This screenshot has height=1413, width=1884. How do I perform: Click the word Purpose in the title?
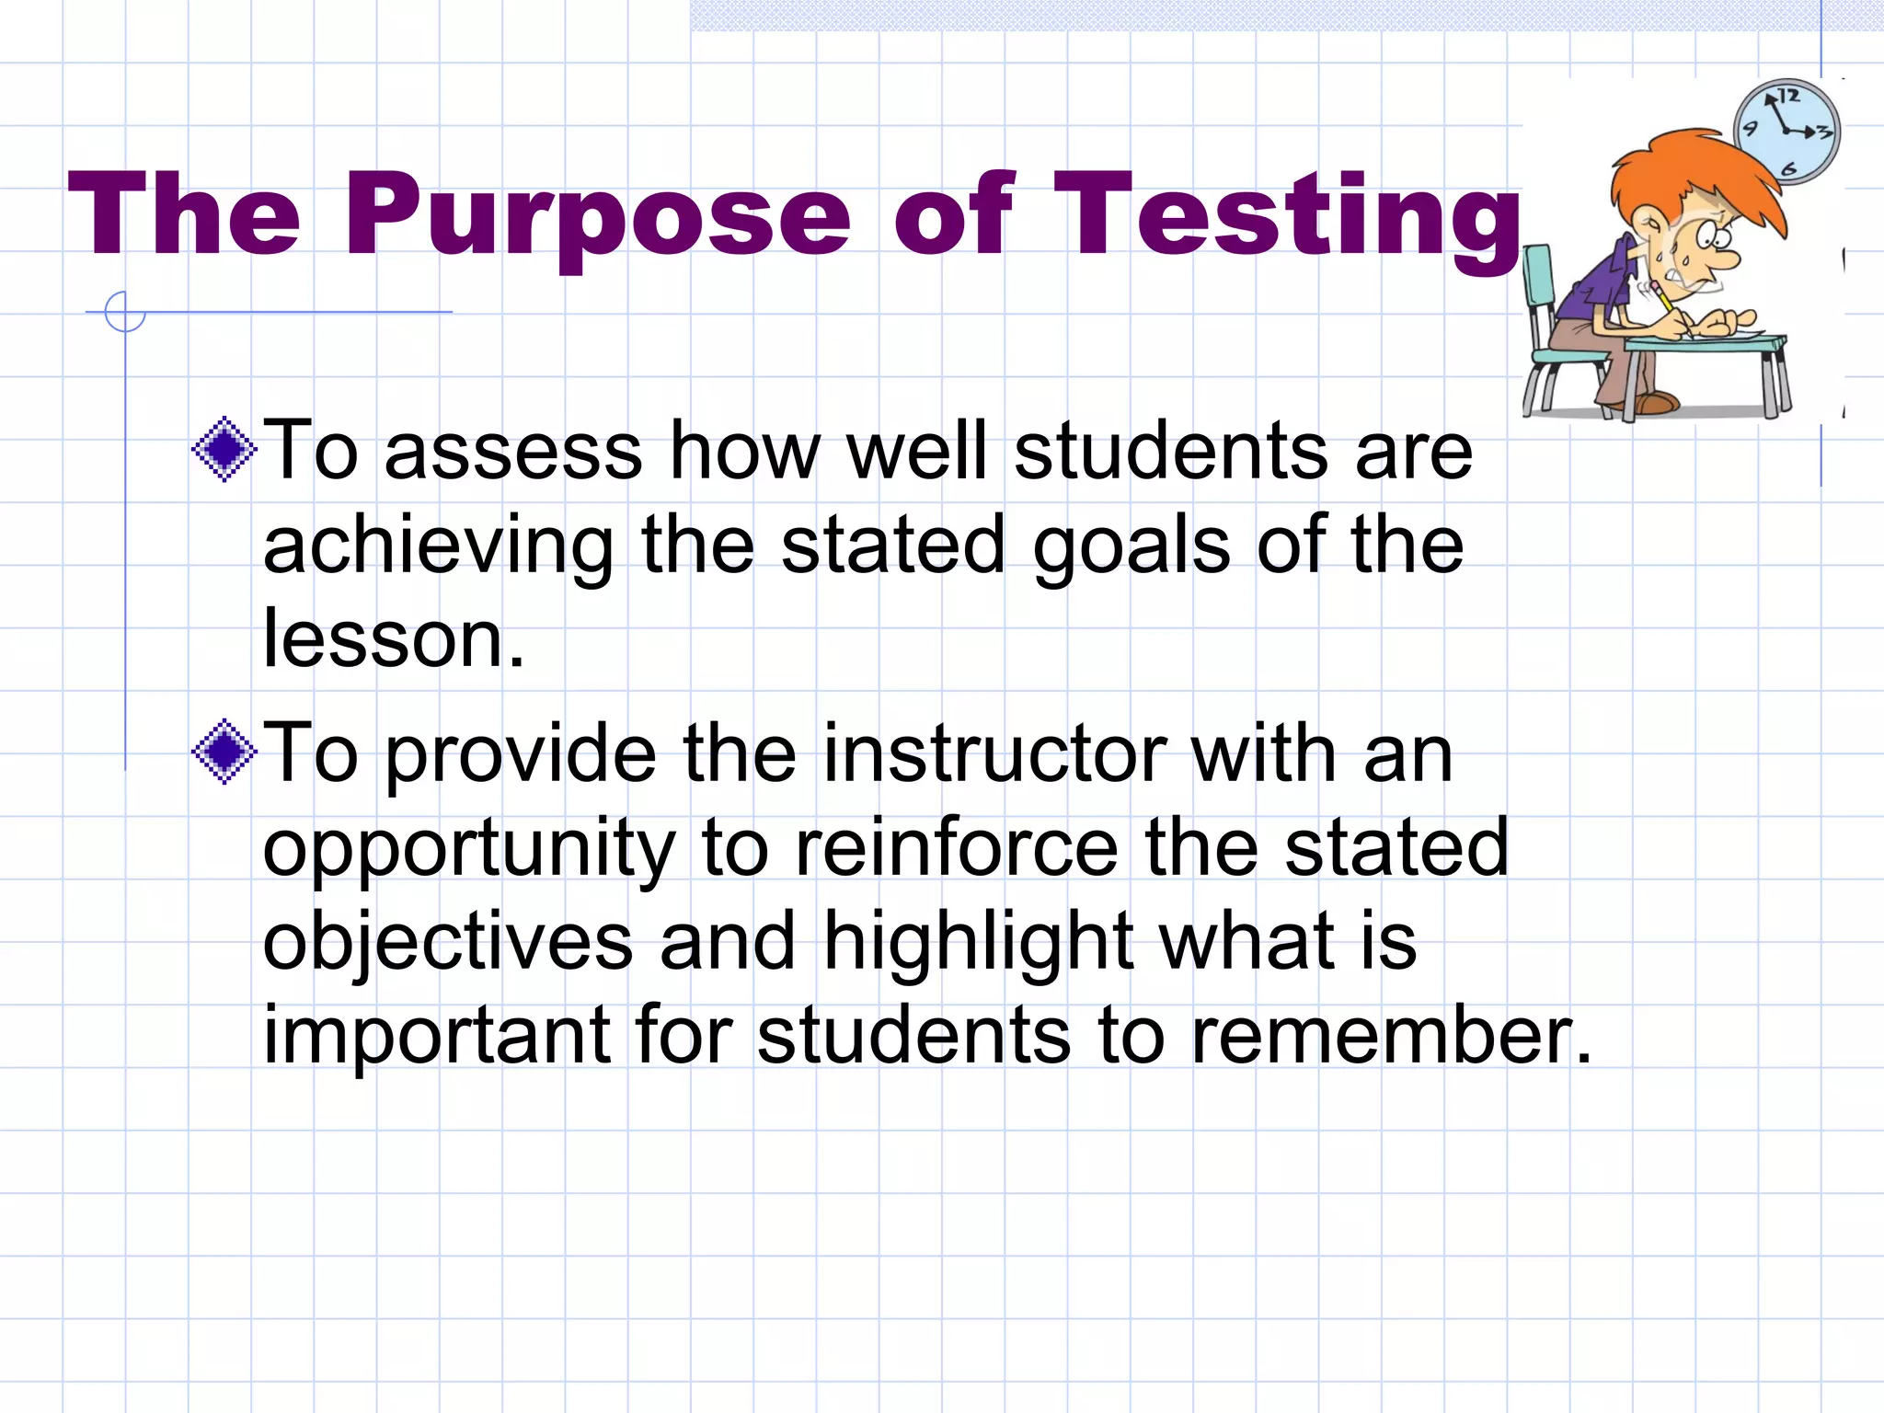coord(598,216)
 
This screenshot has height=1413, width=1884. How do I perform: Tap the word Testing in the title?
coord(1288,216)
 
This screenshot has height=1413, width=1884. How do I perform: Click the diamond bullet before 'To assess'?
coord(224,450)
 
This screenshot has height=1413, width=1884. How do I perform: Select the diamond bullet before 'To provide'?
coord(224,752)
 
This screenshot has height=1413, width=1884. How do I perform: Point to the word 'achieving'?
coord(438,546)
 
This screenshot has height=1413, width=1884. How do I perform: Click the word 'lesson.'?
coord(394,638)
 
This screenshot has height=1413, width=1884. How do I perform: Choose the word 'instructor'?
coord(994,754)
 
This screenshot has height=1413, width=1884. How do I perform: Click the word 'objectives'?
coord(448,942)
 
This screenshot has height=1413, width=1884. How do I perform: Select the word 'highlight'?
coord(978,942)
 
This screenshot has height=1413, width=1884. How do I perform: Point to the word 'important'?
coord(437,1035)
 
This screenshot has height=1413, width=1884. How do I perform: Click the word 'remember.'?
coord(1391,1035)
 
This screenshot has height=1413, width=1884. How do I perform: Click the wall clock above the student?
coord(1786,132)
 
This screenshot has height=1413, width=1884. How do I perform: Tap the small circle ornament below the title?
coord(125,312)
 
